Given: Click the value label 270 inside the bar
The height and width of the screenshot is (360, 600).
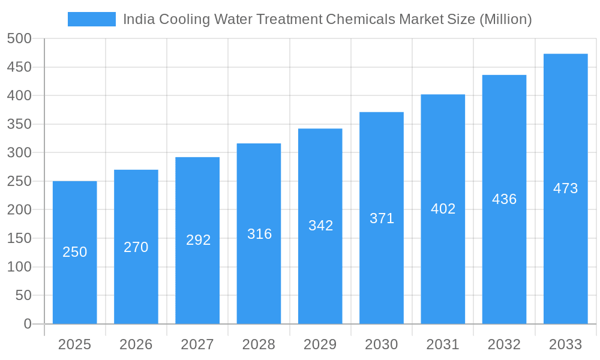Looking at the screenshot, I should pos(136,247).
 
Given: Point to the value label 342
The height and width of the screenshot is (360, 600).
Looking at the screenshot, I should pos(320,226).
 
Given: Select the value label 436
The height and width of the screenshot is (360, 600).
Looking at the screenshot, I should pos(504,199).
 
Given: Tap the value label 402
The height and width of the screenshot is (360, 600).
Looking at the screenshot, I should pos(443,209).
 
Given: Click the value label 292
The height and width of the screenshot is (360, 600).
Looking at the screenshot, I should pos(198,240).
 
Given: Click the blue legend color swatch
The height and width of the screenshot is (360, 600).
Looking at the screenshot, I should pos(91,19).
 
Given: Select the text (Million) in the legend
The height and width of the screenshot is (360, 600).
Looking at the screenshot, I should pos(505,19).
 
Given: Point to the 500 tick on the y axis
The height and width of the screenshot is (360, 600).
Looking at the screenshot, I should pos(19,38).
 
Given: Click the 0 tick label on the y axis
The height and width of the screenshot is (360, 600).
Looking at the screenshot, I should pos(27,324).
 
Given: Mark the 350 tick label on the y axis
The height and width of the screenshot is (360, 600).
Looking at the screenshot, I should pos(19,124).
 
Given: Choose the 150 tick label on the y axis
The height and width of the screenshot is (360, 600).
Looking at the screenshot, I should pos(19,238).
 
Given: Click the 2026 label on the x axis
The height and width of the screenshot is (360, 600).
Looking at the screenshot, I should pos(136,344).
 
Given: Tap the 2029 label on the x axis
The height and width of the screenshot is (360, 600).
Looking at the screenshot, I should pos(320,344).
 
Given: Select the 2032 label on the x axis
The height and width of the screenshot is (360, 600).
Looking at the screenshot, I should pos(504,344).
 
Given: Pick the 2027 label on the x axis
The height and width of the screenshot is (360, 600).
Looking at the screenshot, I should pos(197,344).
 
